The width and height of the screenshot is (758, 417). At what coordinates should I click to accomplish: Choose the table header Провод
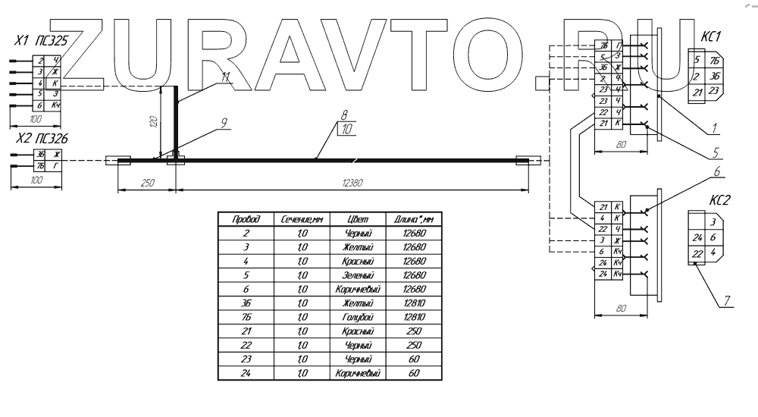[x=243, y=218]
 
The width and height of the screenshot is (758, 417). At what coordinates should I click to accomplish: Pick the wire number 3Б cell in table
[x=243, y=303]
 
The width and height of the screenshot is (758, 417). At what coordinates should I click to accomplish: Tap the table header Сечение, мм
[x=296, y=218]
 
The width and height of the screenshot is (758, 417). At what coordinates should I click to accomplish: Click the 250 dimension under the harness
[x=147, y=182]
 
